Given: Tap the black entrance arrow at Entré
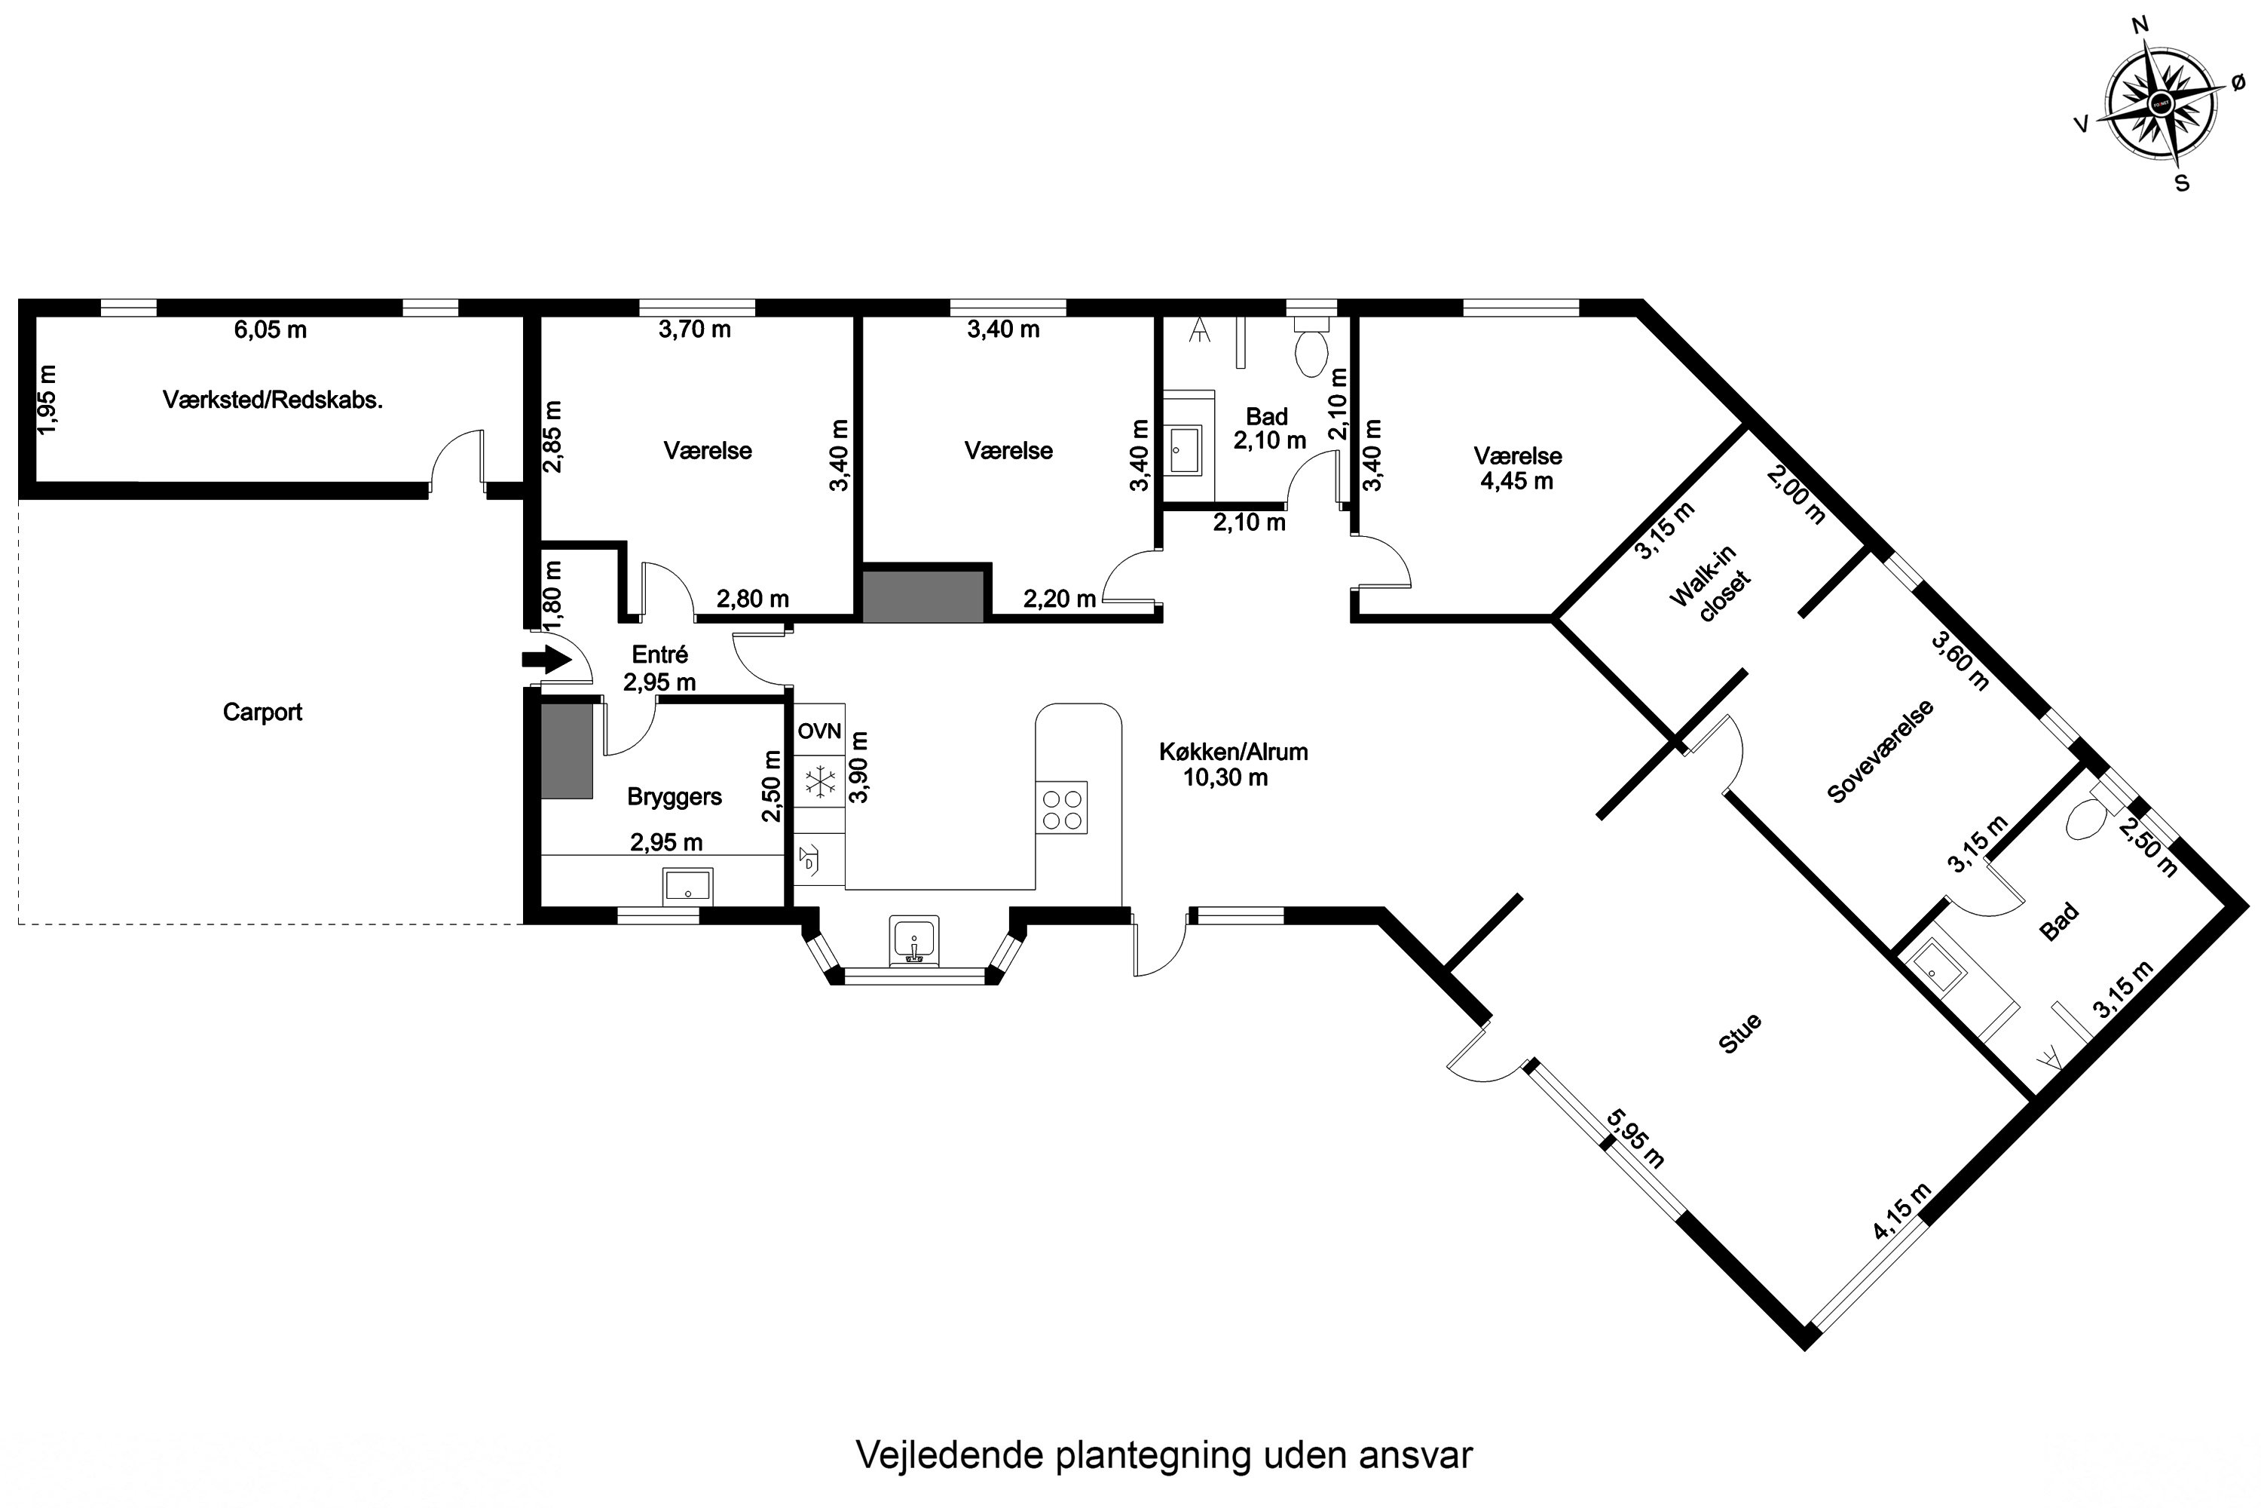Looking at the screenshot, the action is [546, 660].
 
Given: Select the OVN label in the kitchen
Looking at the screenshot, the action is [819, 731].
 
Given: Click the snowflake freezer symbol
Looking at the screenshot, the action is [820, 781].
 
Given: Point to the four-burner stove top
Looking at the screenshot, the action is [1061, 808].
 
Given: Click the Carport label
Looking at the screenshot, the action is [262, 712].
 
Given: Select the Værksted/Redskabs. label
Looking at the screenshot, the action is [273, 400].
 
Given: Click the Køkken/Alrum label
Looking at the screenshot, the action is [1233, 752].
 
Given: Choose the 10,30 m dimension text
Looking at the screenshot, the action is [1225, 777].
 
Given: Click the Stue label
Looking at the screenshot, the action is [1740, 1034].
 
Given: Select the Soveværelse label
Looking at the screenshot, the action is [1880, 751].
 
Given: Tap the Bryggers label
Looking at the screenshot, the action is [674, 796].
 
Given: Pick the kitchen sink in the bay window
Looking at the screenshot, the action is [914, 939].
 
